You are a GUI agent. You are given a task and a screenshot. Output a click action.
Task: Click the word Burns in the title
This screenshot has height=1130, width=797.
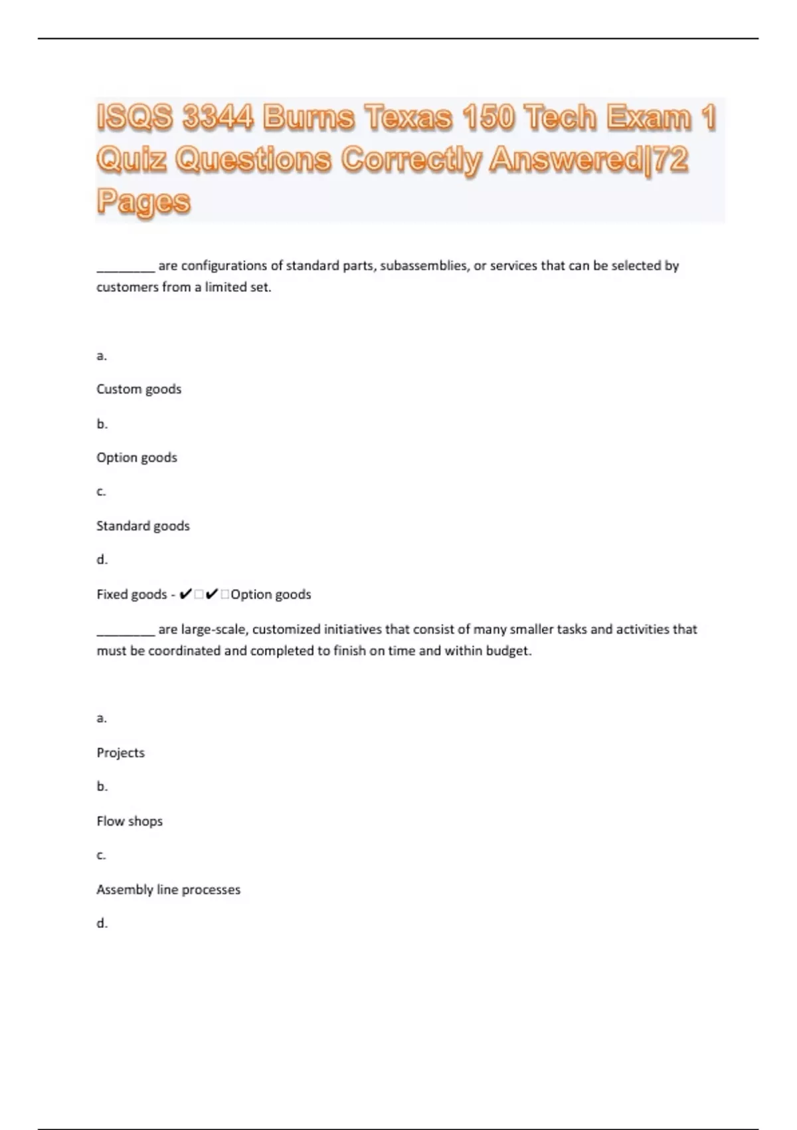point(308,118)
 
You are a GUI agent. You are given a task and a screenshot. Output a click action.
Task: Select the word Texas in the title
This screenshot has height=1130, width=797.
point(407,118)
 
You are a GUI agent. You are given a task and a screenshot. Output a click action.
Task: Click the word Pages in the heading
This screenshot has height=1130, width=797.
point(143,201)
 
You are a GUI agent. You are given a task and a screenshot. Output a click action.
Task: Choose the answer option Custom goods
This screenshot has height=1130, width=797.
point(139,389)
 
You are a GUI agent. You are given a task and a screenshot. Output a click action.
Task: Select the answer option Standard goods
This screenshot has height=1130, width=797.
point(143,526)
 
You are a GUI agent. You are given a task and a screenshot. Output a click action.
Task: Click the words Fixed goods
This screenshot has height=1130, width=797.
point(132,594)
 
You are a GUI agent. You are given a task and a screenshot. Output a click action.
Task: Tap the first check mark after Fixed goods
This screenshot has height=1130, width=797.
point(186,594)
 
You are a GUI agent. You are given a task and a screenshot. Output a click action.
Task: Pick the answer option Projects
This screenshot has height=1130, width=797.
point(120,752)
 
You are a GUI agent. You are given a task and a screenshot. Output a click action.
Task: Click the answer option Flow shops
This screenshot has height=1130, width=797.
point(130,821)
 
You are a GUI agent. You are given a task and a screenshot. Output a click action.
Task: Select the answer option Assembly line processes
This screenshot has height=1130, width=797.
point(168,889)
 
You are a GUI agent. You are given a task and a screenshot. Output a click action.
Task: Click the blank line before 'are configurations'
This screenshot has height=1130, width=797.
point(126,269)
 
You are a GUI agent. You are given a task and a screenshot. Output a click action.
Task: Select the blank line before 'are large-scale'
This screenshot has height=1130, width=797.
point(126,632)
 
